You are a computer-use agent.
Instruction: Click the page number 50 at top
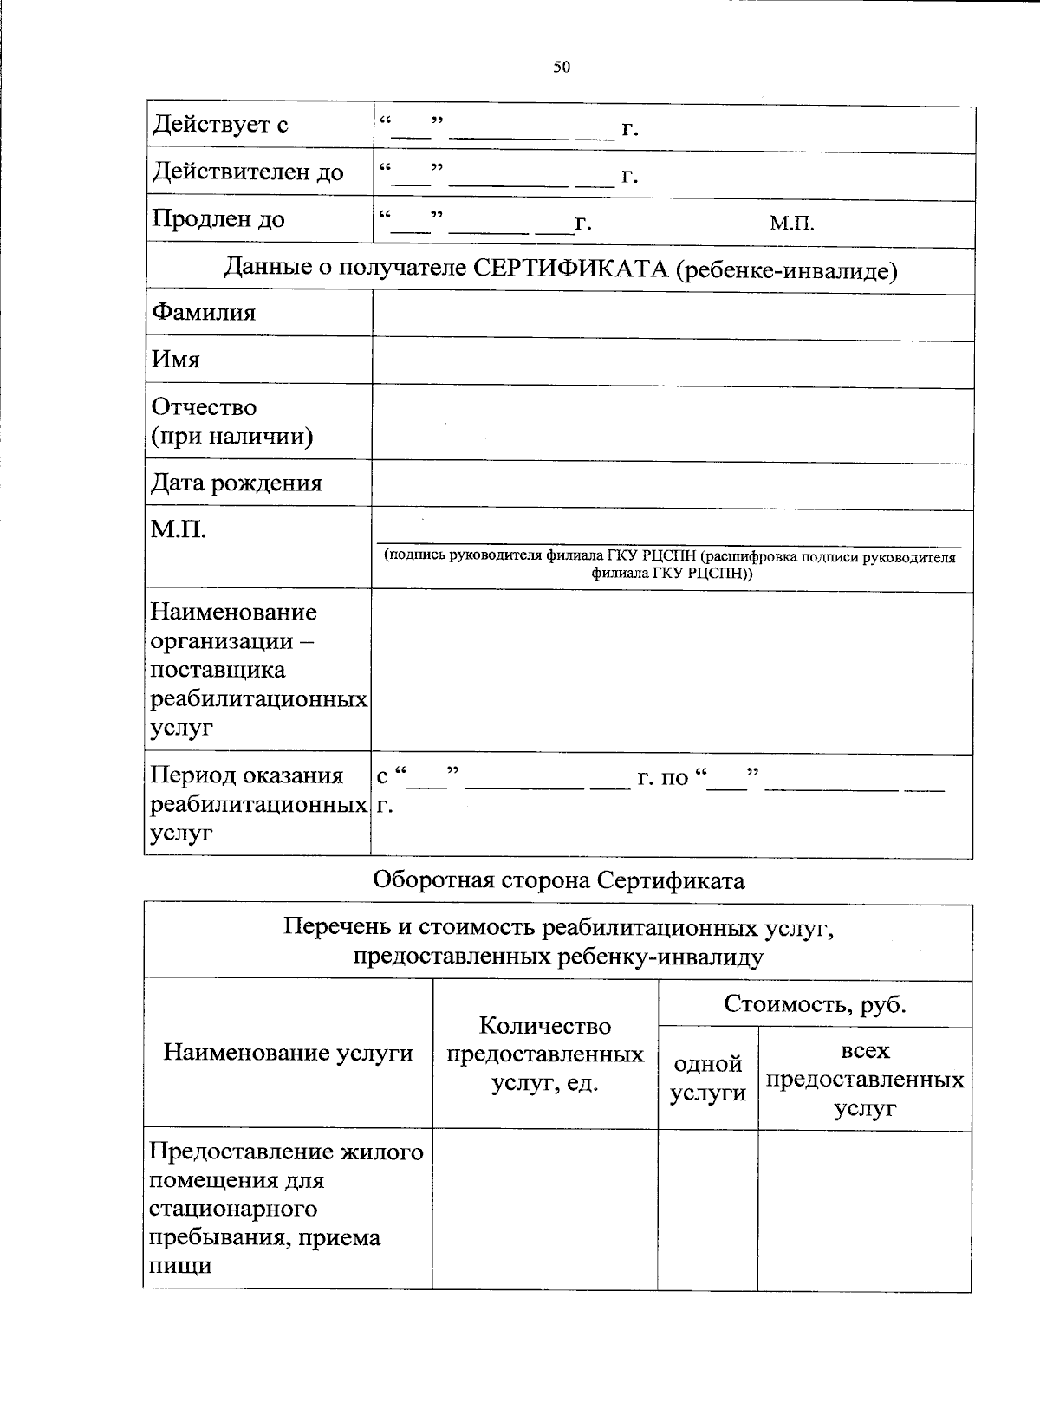click(x=562, y=67)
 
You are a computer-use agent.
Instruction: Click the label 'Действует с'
click(x=220, y=126)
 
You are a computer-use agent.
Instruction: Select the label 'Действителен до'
click(x=248, y=172)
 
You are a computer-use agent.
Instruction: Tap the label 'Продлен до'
click(x=218, y=219)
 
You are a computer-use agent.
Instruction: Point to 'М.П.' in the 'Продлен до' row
click(x=791, y=224)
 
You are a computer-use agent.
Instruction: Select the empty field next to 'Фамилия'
click(x=672, y=315)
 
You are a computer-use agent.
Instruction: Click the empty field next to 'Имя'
click(x=672, y=361)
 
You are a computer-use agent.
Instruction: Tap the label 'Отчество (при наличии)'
click(x=231, y=421)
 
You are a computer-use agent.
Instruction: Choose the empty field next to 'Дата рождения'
click(x=672, y=483)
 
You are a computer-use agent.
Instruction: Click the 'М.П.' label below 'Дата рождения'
click(x=179, y=529)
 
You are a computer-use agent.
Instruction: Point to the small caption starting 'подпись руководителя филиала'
click(x=670, y=564)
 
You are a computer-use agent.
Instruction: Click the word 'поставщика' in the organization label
click(x=218, y=670)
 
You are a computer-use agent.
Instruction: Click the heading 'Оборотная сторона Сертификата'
click(x=558, y=880)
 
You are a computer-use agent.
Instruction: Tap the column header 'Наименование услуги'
click(x=288, y=1053)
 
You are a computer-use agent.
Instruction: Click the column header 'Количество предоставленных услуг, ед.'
click(x=544, y=1054)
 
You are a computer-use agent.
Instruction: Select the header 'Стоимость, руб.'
click(x=814, y=1004)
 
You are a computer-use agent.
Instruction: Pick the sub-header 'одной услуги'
click(x=707, y=1078)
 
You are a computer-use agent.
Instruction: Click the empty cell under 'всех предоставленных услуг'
click(x=863, y=1210)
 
